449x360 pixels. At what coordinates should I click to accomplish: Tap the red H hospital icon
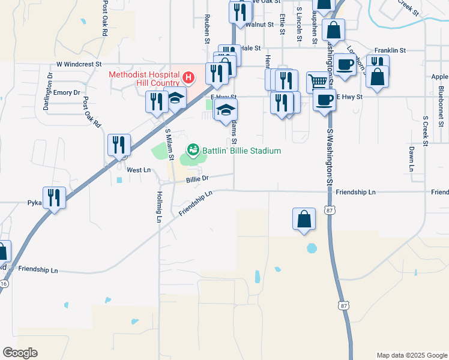(188, 77)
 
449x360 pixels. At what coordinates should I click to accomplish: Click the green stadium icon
(194, 149)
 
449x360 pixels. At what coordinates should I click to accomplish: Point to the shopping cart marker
(317, 81)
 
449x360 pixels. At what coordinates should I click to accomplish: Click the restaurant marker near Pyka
(55, 197)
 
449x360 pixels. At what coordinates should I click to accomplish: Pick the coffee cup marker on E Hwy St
(324, 100)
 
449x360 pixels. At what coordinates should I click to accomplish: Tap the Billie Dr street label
(197, 179)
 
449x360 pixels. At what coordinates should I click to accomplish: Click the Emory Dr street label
(67, 93)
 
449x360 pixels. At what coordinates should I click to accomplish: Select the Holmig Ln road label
(160, 208)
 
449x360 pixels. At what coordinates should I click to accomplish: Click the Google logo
(20, 353)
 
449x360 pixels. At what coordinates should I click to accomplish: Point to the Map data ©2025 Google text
(411, 355)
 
